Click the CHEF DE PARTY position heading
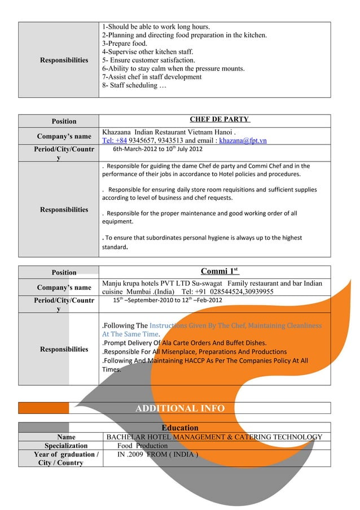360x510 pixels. (219, 120)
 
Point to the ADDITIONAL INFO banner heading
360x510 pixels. (179, 408)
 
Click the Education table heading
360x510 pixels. (179, 428)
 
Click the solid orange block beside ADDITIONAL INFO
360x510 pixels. (44, 408)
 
